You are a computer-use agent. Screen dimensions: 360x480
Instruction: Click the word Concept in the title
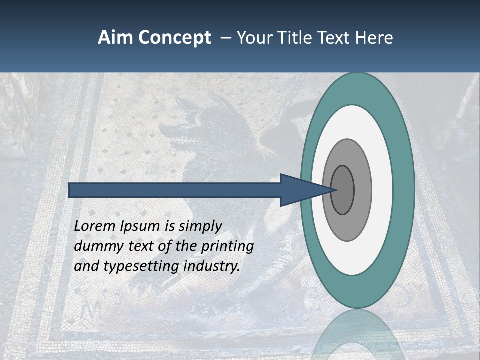pyautogui.click(x=175, y=38)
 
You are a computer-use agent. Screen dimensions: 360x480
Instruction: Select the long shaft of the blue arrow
pyautogui.click(x=175, y=190)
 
